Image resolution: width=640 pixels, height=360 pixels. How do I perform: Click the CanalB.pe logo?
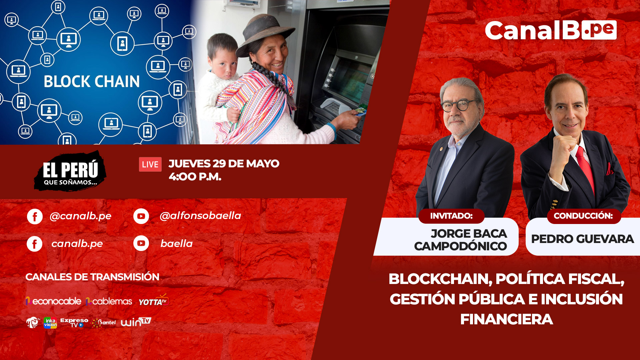[551, 30]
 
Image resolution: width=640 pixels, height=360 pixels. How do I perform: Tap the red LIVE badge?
[150, 164]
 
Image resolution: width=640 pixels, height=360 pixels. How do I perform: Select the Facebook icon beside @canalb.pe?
[35, 217]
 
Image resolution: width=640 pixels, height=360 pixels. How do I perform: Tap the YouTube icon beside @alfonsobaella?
[141, 216]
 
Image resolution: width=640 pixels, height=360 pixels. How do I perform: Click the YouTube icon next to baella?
[141, 243]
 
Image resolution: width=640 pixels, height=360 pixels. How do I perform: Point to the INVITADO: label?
[451, 216]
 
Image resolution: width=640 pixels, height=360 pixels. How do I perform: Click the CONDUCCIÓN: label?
[583, 216]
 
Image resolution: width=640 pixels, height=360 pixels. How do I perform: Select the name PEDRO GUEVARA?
[582, 239]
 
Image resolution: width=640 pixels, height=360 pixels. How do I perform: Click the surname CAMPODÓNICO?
[460, 246]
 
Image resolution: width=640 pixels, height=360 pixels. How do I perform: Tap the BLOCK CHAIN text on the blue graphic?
[92, 82]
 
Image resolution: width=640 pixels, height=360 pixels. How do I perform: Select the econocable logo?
[53, 301]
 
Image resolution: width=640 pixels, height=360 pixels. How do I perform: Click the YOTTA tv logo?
[154, 300]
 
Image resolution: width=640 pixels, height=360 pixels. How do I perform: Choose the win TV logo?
[136, 322]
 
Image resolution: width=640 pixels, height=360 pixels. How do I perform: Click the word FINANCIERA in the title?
[507, 319]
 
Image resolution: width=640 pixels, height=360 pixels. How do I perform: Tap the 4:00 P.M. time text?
[195, 177]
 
